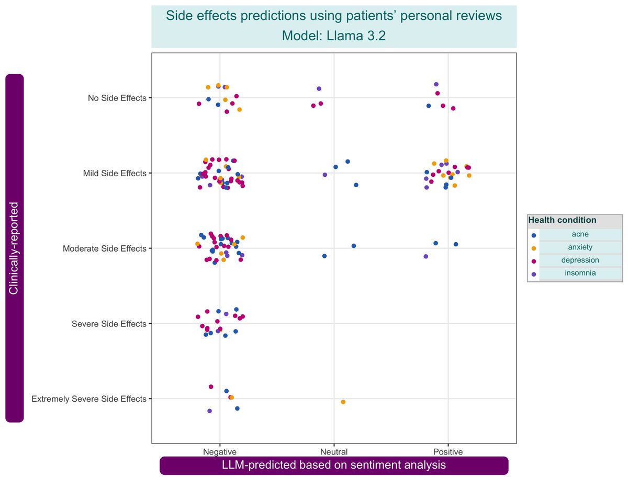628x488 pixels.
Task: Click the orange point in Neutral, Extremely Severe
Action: [343, 402]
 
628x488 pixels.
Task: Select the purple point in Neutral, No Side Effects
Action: [319, 89]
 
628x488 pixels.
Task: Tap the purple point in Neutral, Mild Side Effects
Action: [324, 175]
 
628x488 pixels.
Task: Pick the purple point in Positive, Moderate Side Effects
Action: [425, 256]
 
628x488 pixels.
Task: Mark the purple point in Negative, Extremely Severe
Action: [209, 411]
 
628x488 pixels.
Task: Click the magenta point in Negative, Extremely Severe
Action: [211, 387]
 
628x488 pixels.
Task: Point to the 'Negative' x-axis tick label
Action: [220, 451]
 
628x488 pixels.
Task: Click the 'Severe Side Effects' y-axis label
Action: [109, 324]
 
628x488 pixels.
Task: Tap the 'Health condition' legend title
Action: [562, 220]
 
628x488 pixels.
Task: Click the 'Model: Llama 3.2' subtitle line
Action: [334, 36]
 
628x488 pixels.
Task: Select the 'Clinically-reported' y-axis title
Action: [14, 248]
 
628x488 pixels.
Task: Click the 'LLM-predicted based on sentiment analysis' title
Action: [334, 466]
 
